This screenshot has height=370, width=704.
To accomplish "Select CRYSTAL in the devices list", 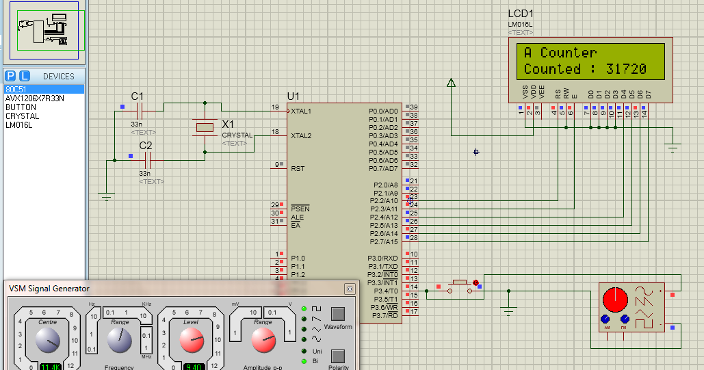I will pyautogui.click(x=22, y=116).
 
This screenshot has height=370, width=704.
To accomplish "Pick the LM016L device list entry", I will pyautogui.click(x=20, y=125).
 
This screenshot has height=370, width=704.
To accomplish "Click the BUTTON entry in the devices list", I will pyautogui.click(x=21, y=107).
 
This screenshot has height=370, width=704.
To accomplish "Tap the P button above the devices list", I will pyautogui.click(x=10, y=76).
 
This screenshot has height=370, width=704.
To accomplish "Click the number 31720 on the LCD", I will pyautogui.click(x=626, y=69).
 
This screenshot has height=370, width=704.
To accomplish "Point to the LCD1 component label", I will pyautogui.click(x=521, y=14).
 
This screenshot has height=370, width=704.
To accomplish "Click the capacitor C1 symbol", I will pyautogui.click(x=140, y=110).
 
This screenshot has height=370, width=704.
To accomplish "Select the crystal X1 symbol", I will pyautogui.click(x=205, y=127).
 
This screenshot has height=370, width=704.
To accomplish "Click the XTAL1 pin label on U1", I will pyautogui.click(x=301, y=111).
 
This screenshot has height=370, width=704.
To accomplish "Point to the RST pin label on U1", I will pyautogui.click(x=298, y=168).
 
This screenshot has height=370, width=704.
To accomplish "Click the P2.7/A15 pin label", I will pyautogui.click(x=382, y=242).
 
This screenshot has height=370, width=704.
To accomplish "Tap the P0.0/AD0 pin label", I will pyautogui.click(x=382, y=111).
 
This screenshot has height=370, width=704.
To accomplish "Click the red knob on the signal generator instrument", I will pyautogui.click(x=614, y=300).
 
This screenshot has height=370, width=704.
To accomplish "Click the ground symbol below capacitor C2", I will pyautogui.click(x=105, y=197).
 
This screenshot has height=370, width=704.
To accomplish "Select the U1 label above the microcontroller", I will pyautogui.click(x=294, y=96).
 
